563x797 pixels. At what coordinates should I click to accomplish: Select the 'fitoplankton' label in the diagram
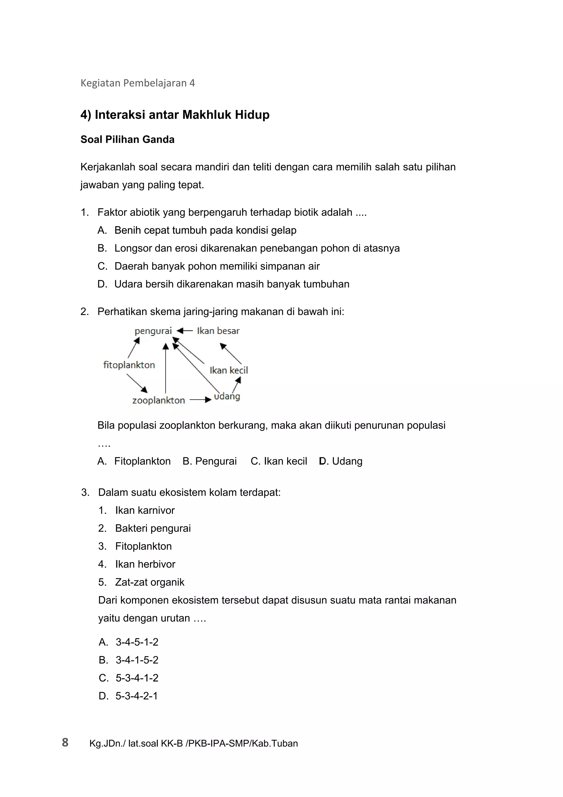click(129, 365)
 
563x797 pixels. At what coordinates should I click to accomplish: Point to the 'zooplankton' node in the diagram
click(159, 401)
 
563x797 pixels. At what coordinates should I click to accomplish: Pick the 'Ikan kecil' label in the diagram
click(229, 370)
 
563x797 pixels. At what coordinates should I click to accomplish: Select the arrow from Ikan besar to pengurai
click(185, 331)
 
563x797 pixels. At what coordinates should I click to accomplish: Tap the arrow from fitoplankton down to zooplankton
click(137, 383)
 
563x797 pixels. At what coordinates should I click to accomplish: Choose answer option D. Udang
click(341, 461)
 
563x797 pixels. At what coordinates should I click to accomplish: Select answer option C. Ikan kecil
click(279, 461)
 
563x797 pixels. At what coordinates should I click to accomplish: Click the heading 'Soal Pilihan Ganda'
click(127, 139)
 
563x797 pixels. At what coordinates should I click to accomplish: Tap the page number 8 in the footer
click(65, 743)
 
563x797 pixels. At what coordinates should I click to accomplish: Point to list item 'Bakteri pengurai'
click(153, 528)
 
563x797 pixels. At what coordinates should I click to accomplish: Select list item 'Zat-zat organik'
click(150, 582)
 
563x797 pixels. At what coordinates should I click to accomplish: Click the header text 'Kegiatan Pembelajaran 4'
click(138, 83)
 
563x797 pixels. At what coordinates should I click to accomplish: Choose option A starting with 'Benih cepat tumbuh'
click(205, 231)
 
